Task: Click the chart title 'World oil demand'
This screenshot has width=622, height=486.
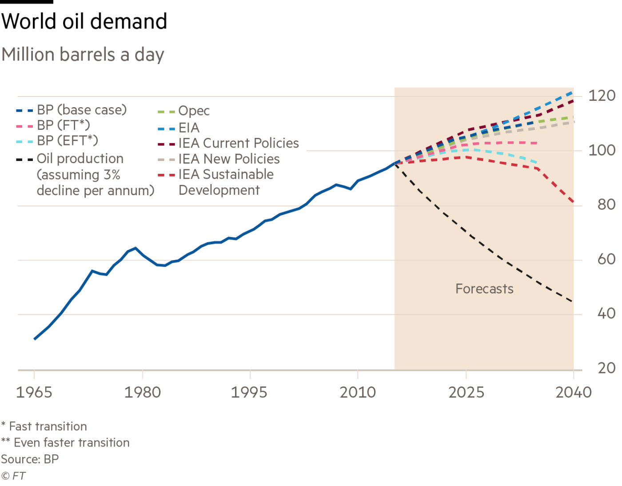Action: pos(84,21)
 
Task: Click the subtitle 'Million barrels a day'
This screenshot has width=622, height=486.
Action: pos(83,55)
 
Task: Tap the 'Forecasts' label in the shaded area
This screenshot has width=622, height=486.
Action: pos(484,289)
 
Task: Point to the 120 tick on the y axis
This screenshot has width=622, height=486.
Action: pos(602,96)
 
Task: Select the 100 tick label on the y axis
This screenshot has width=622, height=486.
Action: pos(602,150)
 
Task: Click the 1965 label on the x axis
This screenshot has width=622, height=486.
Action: pos(34,392)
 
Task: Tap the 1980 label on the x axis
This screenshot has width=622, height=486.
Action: pos(142,392)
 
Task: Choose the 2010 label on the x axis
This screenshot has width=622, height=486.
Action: pos(358,392)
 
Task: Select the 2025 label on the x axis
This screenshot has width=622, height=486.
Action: pos(466,392)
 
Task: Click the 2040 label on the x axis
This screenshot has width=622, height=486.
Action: pos(574,392)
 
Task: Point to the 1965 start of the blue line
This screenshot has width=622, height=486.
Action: pos(35,339)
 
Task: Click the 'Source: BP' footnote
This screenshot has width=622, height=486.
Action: pos(30,459)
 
